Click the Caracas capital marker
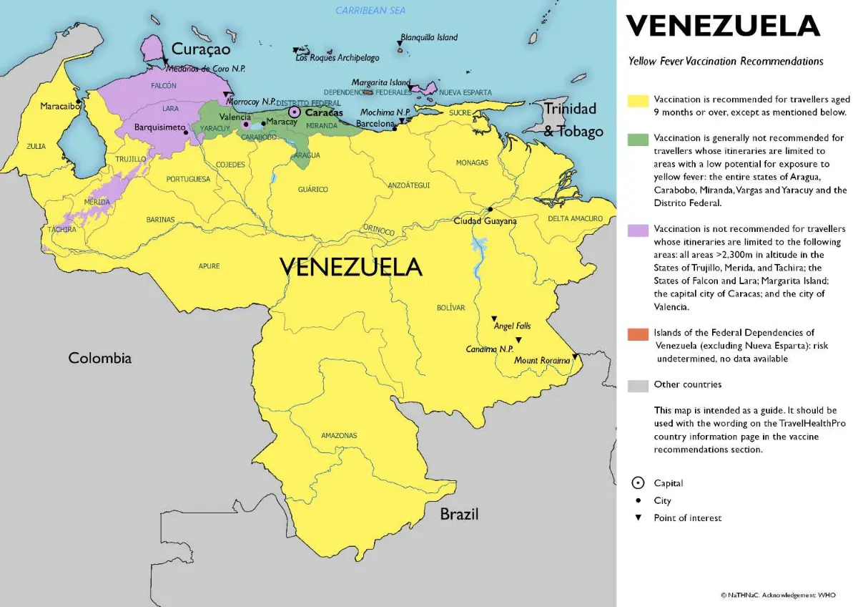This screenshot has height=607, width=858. [294, 112]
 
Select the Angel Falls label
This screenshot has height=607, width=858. [513, 326]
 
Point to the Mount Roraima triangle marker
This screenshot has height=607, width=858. [575, 356]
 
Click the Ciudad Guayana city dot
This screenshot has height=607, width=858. [490, 209]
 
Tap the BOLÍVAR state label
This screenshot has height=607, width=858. [450, 308]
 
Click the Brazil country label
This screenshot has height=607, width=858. [459, 514]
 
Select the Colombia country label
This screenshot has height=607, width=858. [100, 358]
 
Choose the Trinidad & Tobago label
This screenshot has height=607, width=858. [571, 120]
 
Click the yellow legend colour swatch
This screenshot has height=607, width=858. [638, 100]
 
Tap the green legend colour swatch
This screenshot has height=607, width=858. [638, 139]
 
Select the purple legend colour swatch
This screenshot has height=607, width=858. [638, 230]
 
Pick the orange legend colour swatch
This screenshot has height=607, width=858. [638, 334]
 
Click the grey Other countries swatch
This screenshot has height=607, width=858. [638, 385]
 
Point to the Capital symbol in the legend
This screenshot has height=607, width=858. [638, 483]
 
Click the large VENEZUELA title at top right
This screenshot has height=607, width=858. [723, 26]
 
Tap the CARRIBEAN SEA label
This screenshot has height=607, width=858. [370, 11]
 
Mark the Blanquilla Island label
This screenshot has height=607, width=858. [429, 37]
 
